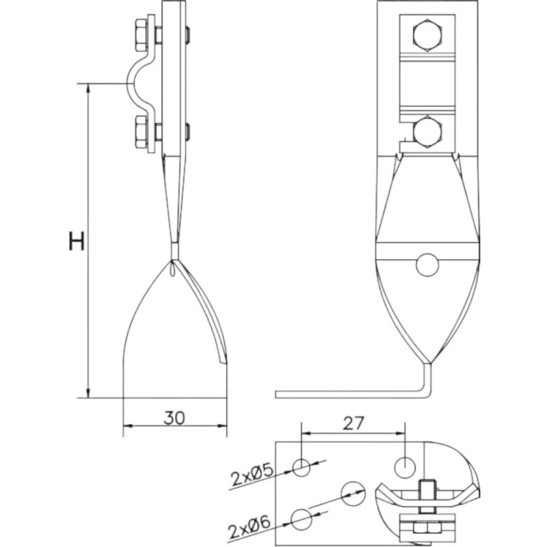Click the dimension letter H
pos(77,241)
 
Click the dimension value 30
pos(174,418)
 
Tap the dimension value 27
pos(353,423)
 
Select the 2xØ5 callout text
pos(252,477)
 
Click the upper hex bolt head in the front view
pos(428,36)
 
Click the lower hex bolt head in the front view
pos(428,133)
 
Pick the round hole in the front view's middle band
pos(427,265)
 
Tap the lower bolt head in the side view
pos(142,132)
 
